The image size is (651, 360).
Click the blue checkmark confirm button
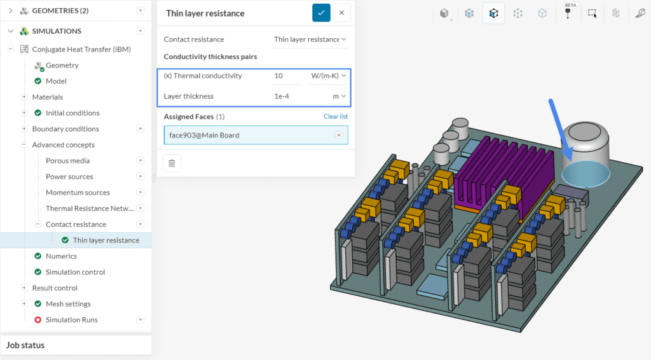click(x=321, y=13)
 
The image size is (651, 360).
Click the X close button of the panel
click(x=341, y=13)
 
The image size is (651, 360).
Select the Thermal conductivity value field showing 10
click(x=286, y=76)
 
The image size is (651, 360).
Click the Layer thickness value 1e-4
click(x=286, y=96)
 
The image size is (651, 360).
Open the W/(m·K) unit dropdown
click(x=328, y=76)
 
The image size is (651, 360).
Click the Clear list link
click(x=335, y=116)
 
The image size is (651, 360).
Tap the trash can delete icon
click(x=172, y=163)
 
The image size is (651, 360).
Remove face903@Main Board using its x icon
click(x=338, y=135)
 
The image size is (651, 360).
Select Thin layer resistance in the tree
click(x=106, y=240)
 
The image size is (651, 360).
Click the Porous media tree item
click(x=67, y=160)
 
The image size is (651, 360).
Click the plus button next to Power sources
click(x=140, y=176)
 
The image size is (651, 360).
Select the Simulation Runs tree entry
click(x=71, y=319)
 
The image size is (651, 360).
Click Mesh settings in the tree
click(x=68, y=303)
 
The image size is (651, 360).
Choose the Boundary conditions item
click(x=65, y=128)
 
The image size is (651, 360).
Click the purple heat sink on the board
click(x=490, y=179)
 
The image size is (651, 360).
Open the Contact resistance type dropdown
click(x=310, y=39)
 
